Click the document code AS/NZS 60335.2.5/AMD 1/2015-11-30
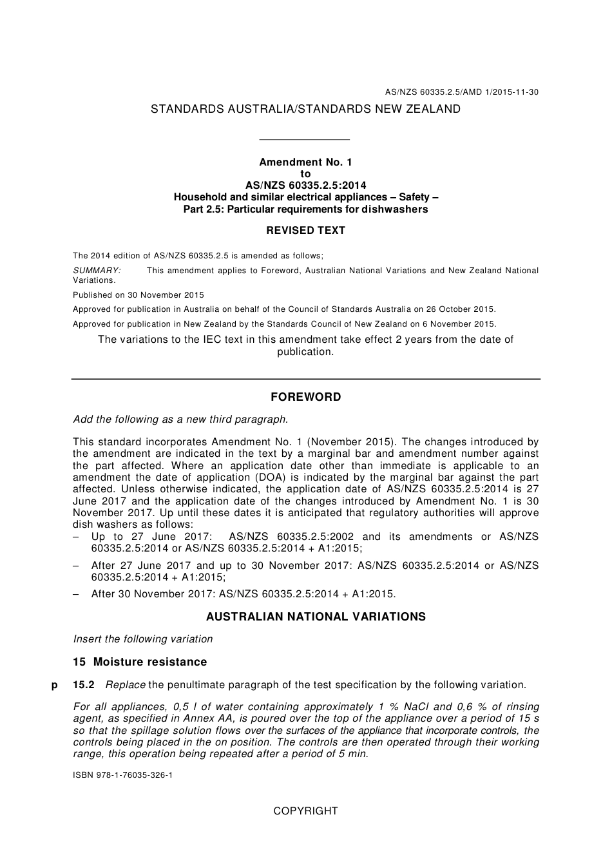coord(461,92)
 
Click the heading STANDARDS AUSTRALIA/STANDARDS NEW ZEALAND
coord(305,110)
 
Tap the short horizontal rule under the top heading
coord(303,139)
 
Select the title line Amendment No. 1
coord(305,162)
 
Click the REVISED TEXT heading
coord(305,231)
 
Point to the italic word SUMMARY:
coord(97,271)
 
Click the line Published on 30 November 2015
coord(138,295)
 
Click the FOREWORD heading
coord(305,398)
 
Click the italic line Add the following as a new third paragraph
coord(180,419)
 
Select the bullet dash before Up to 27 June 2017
coord(76,537)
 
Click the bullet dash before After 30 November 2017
coord(76,594)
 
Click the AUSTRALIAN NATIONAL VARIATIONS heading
coord(316,617)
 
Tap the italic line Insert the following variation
coord(143,639)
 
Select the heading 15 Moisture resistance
coord(140,662)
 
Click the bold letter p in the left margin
coord(54,685)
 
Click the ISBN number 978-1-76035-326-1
coord(122,775)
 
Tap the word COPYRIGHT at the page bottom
coord(305,811)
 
